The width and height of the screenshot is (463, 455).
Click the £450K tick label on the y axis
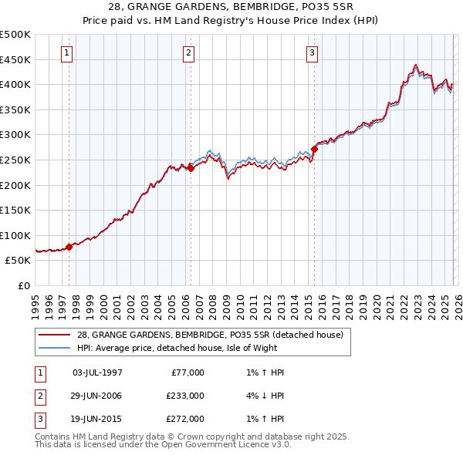tap(15, 59)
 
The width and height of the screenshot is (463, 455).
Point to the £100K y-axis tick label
tap(15, 235)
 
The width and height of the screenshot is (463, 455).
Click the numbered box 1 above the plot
tap(67, 53)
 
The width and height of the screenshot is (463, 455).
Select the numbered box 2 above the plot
tap(189, 53)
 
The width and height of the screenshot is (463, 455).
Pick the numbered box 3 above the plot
tap(312, 53)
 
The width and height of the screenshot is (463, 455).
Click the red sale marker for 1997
tap(69, 247)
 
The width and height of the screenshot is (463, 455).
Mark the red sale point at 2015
tap(314, 149)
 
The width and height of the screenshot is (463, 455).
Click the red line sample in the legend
tap(54, 334)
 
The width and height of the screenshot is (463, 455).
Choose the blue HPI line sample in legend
tap(54, 349)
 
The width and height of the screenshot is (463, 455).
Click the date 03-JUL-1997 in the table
tap(96, 372)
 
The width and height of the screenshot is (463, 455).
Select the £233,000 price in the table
tap(184, 396)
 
